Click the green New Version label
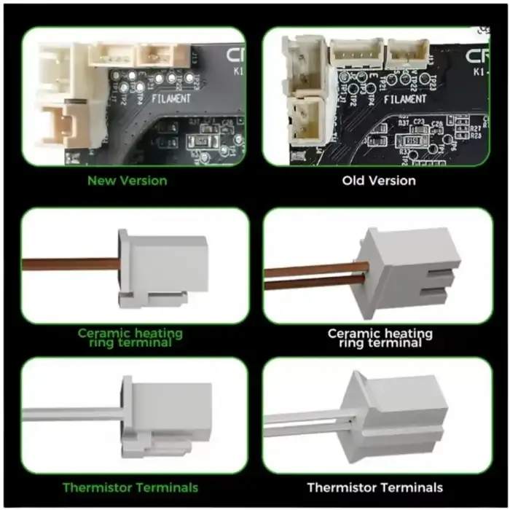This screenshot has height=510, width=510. pos(127,181)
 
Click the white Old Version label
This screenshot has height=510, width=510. pos(379,180)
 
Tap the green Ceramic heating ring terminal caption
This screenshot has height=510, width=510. pos(130,337)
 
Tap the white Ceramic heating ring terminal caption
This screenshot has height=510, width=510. pos(380,337)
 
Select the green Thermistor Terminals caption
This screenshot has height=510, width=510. pos(130,487)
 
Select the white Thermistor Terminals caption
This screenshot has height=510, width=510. pos(374,487)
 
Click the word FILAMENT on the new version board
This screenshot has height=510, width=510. pos(171,97)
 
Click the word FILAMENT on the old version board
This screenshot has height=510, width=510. pos(405,99)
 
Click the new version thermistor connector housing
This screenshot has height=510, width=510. pos(167,412)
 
